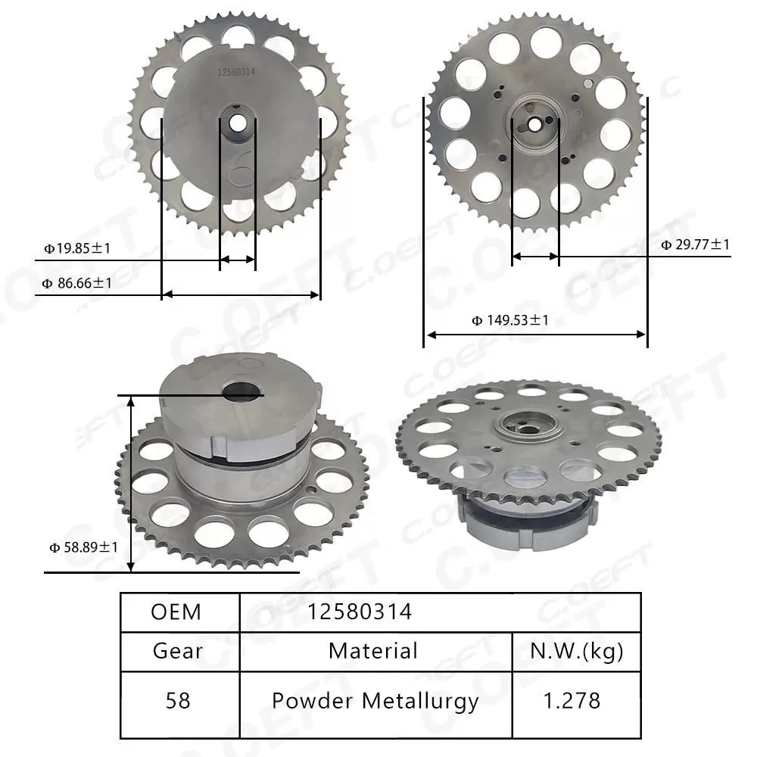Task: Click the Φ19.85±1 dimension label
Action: click(77, 248)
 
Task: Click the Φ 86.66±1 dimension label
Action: click(77, 283)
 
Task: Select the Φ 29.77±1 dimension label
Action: click(695, 245)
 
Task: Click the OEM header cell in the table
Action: click(176, 612)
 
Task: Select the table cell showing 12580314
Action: click(360, 612)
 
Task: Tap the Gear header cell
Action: click(177, 650)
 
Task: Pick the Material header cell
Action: click(372, 650)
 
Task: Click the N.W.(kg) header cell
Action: click(576, 650)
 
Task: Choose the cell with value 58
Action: click(177, 700)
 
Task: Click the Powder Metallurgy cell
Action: click(375, 700)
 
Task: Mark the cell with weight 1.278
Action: click(576, 700)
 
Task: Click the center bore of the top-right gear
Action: click(535, 123)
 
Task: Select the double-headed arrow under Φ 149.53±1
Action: click(535, 334)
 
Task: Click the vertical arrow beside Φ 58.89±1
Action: click(132, 484)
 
